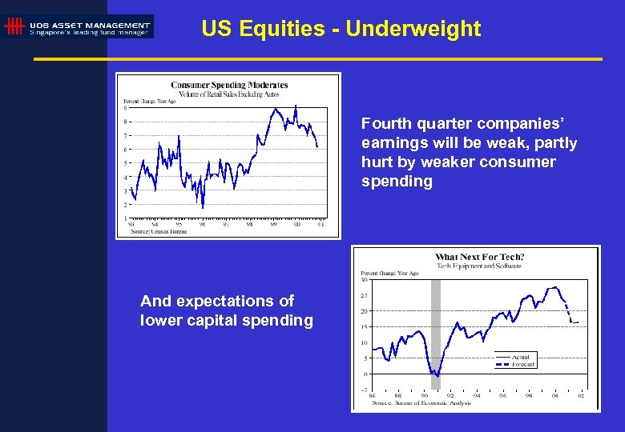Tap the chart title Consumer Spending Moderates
(229, 85)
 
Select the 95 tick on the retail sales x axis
(179, 224)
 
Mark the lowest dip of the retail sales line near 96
(203, 207)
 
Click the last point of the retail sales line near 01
(318, 147)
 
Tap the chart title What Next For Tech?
(479, 257)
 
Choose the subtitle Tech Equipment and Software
(479, 266)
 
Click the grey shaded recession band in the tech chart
(436, 328)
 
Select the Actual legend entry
(521, 357)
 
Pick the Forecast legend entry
(522, 364)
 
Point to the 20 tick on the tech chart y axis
(365, 311)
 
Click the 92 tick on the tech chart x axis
(450, 395)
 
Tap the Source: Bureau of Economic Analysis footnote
(421, 402)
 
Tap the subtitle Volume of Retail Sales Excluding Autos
(229, 94)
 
